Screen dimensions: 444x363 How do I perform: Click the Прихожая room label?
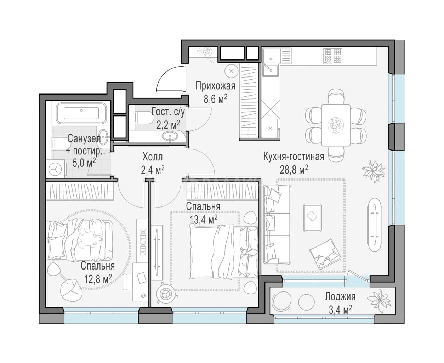pos(215,86)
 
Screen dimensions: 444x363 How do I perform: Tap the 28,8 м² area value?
pos(294,170)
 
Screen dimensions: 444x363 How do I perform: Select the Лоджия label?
pos(340,297)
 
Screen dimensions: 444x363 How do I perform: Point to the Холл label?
pos(153,157)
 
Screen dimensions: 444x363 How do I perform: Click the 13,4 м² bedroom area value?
pos(204,220)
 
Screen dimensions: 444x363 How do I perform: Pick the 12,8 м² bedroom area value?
pos(98,279)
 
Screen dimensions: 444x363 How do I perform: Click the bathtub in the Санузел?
pos(81,113)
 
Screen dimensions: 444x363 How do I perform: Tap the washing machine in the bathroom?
pos(55,169)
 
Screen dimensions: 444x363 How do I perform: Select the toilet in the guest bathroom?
pos(145,118)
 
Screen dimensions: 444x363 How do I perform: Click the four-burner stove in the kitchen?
pos(333,56)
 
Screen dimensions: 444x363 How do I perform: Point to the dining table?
pos(336,125)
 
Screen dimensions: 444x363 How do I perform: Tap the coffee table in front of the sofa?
pos(312,218)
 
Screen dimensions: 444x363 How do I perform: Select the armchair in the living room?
pos(325,254)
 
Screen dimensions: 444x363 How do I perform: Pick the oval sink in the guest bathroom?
pos(170,136)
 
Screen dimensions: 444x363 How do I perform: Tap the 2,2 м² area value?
pos(168,125)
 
